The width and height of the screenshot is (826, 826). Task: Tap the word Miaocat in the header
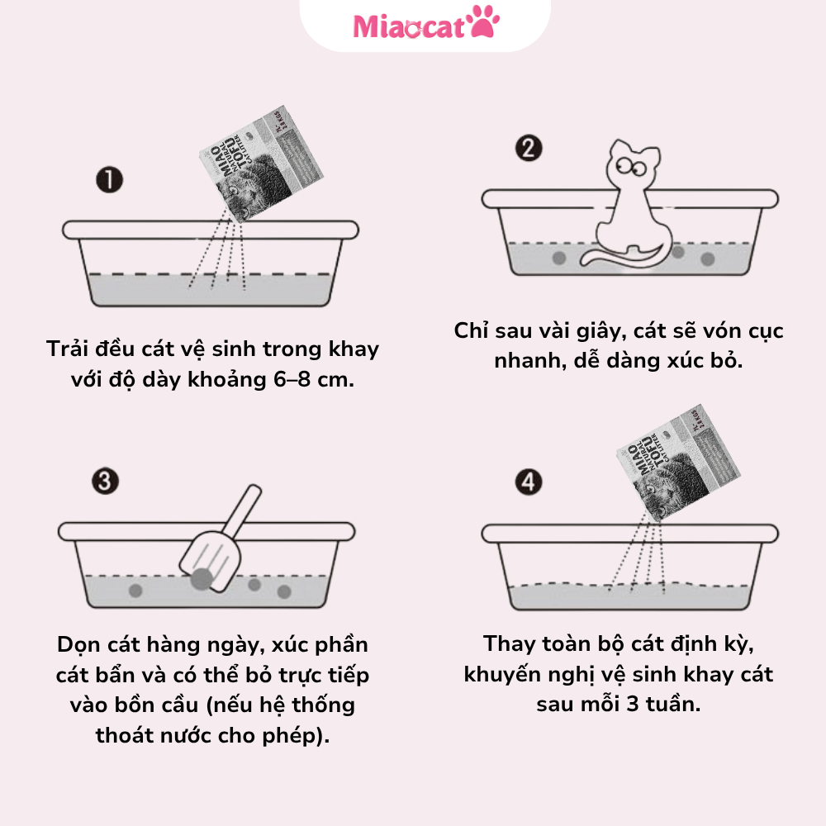click(x=411, y=26)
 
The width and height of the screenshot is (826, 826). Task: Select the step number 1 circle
click(x=108, y=180)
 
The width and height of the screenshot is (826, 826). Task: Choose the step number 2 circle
click(x=529, y=149)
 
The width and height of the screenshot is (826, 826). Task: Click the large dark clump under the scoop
click(x=201, y=579)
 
